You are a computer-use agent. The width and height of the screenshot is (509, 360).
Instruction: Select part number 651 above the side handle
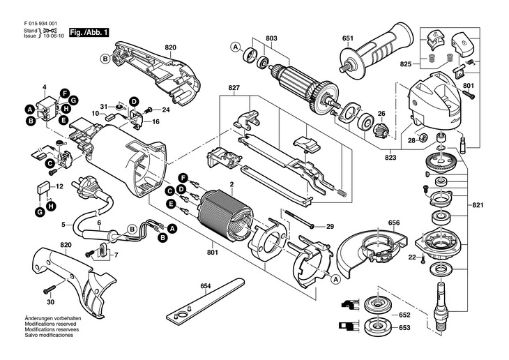pos(347,38)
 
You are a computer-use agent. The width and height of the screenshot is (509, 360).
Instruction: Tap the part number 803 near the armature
pos(271,38)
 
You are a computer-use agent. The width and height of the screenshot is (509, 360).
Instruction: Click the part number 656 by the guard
pos(395,223)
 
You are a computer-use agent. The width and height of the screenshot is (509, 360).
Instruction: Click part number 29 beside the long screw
pos(331,226)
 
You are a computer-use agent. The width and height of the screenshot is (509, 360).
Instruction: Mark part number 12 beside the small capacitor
pos(60,186)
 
